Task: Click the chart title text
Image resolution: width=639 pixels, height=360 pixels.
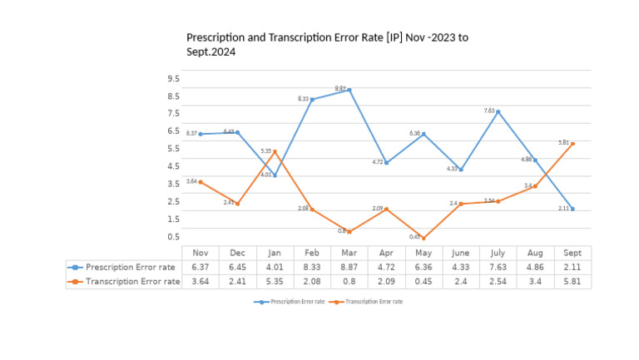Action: (327, 44)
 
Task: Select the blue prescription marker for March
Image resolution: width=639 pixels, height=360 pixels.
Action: (349, 90)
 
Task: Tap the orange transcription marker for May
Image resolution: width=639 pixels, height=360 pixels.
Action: (424, 238)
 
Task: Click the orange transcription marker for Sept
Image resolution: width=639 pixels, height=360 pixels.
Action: (572, 144)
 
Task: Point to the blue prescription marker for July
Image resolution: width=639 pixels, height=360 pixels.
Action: (498, 111)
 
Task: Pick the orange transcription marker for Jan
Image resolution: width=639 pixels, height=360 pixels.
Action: (275, 152)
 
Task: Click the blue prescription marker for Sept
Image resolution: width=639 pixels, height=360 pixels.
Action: (572, 209)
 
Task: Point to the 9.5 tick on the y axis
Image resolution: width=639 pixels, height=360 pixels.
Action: (173, 79)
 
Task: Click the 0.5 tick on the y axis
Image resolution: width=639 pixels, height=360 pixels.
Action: (173, 237)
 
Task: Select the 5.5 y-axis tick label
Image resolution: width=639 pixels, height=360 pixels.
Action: (173, 149)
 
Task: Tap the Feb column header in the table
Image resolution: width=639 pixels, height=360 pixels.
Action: (312, 253)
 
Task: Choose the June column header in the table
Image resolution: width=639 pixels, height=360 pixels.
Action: (460, 253)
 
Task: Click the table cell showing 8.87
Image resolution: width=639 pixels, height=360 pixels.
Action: (349, 267)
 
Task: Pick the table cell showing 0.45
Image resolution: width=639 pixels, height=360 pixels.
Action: (424, 282)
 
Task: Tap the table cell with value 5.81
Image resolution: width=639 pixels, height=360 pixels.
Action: (572, 282)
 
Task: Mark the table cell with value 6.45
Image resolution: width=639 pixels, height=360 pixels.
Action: (237, 267)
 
